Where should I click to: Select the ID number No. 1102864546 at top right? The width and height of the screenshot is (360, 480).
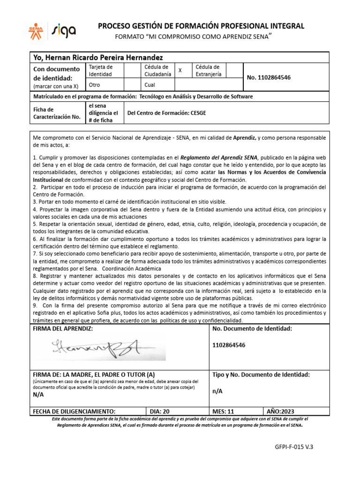[x=269, y=77]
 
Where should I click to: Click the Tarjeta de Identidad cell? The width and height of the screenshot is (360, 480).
[x=101, y=70]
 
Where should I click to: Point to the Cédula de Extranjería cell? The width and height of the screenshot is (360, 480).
[x=210, y=70]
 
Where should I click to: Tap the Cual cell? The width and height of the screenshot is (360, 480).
[x=150, y=85]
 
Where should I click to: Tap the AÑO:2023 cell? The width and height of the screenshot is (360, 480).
[x=280, y=411]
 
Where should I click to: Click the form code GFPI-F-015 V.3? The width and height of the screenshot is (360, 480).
[x=293, y=447]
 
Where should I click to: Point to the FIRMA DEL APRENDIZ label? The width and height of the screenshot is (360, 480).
[x=63, y=329]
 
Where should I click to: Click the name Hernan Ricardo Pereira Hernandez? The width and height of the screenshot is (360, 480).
[x=98, y=57]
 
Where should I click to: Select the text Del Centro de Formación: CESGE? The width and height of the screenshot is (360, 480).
[x=166, y=113]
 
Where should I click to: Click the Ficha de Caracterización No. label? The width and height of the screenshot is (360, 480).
[x=57, y=113]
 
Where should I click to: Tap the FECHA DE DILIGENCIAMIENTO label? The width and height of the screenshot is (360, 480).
[x=74, y=411]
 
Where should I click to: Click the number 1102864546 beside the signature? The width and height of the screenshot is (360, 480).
[x=229, y=345]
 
